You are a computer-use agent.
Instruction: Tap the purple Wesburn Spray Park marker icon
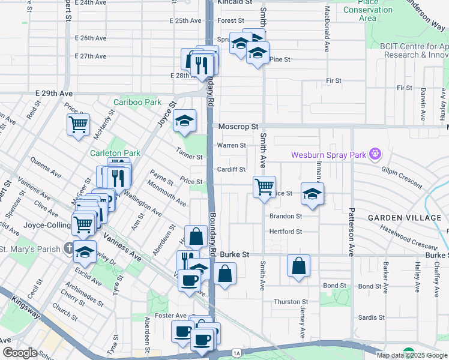(x=375, y=154)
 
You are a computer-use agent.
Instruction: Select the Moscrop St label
(x=238, y=127)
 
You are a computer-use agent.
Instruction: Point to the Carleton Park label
(x=115, y=154)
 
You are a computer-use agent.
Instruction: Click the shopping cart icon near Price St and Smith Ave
(x=264, y=187)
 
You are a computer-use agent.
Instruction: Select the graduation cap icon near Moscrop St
(x=185, y=121)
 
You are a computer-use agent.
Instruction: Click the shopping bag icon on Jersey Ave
(x=298, y=266)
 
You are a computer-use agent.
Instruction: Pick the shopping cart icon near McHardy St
(x=78, y=125)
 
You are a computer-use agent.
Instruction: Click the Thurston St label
(x=291, y=302)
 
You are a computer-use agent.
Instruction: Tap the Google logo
(x=20, y=353)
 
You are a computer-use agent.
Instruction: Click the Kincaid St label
(x=235, y=3)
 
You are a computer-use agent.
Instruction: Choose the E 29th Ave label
(x=54, y=94)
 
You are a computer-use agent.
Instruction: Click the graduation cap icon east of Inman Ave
(x=312, y=193)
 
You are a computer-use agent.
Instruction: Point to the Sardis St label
(x=372, y=317)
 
